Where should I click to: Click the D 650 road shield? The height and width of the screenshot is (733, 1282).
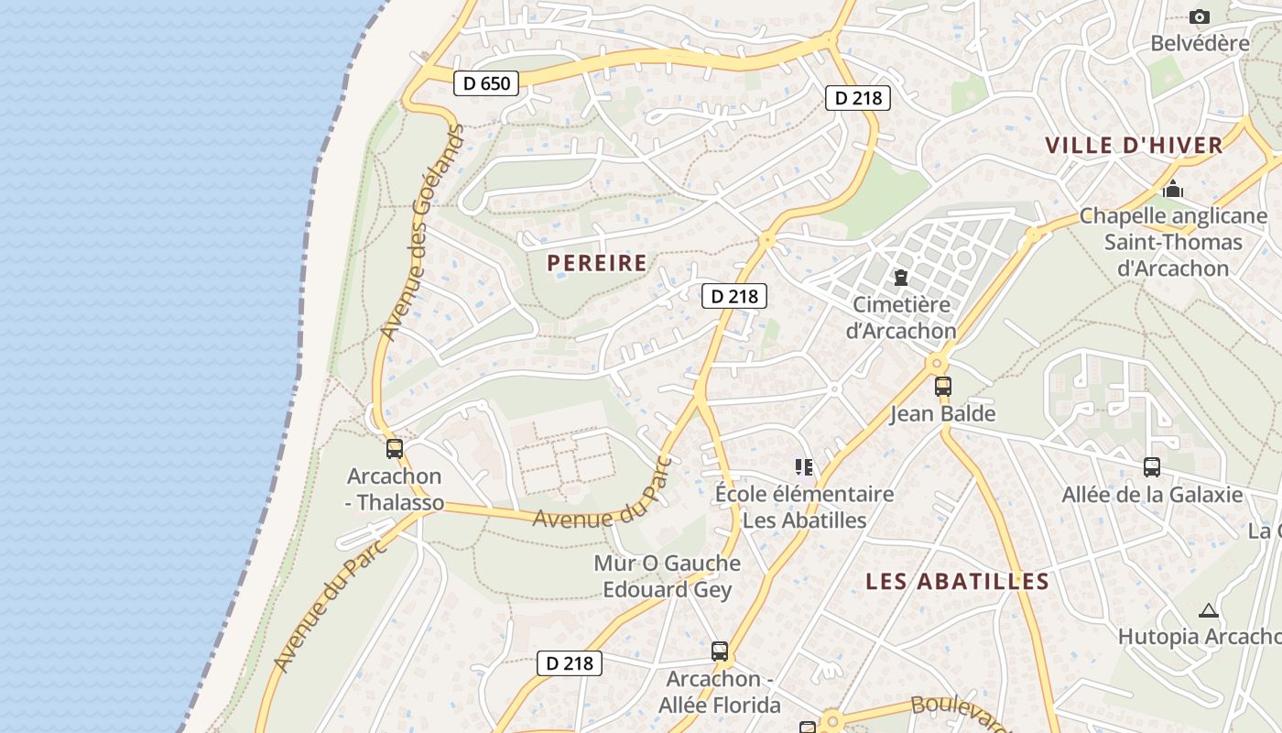click(x=486, y=83)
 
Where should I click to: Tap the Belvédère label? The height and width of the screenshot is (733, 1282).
click(x=1200, y=43)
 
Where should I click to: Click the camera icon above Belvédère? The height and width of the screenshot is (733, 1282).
click(x=1199, y=16)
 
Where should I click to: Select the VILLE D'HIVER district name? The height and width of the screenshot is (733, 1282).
click(x=1134, y=145)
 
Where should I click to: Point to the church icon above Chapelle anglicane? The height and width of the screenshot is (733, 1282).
click(x=1173, y=190)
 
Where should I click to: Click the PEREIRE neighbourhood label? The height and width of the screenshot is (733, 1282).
click(x=597, y=263)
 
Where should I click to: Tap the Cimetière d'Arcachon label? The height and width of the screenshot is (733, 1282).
click(x=901, y=317)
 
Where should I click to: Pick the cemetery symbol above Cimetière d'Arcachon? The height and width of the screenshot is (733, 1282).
click(x=901, y=277)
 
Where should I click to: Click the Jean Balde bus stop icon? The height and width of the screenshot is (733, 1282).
click(x=943, y=387)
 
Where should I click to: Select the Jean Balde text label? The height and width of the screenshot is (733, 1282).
click(x=943, y=413)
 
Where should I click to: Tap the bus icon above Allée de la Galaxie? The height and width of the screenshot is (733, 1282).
click(x=1152, y=467)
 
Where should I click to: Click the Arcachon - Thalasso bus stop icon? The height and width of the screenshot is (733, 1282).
click(x=395, y=449)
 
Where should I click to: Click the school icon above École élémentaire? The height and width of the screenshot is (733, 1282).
click(x=804, y=467)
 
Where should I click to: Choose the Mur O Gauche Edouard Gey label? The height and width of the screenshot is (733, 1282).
click(x=668, y=576)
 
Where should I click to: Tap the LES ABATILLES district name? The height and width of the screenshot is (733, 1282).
click(x=957, y=581)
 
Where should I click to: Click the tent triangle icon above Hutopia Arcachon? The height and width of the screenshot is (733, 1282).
click(x=1209, y=610)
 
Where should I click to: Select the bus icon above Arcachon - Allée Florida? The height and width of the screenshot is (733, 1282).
click(x=720, y=651)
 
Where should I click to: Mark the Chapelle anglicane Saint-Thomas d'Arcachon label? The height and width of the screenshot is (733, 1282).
click(x=1173, y=242)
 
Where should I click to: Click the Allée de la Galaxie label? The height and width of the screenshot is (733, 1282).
click(x=1152, y=495)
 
